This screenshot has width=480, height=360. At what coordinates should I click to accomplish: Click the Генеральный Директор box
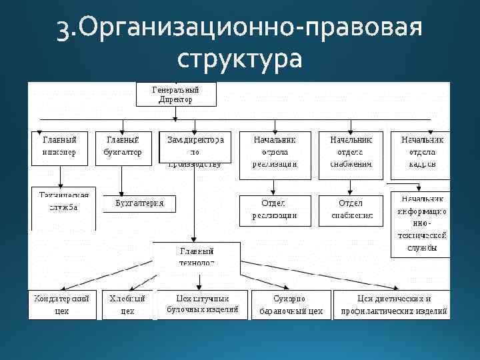pos(176,94)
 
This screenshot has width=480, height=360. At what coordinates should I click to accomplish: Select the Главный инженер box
pos(59,147)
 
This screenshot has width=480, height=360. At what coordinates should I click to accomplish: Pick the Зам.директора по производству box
pos(195,147)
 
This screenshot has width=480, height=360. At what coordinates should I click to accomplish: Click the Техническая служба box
pos(64,203)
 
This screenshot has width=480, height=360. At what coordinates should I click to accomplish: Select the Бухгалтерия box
pos(139,203)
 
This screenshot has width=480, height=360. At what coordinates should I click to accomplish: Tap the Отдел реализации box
pos(275,209)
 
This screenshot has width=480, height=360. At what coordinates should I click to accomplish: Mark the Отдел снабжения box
pos(351,209)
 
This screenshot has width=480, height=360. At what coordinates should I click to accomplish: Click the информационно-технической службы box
pos(423,223)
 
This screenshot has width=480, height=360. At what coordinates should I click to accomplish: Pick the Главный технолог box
pos(196,257)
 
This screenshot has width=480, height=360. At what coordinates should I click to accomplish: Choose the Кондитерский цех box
pos(61,304)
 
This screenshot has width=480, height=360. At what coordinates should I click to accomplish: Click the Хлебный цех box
pos(127,304)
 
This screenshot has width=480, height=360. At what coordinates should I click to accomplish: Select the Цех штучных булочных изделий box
pos(203,303)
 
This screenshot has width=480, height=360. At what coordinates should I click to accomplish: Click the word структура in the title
pos(240,59)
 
